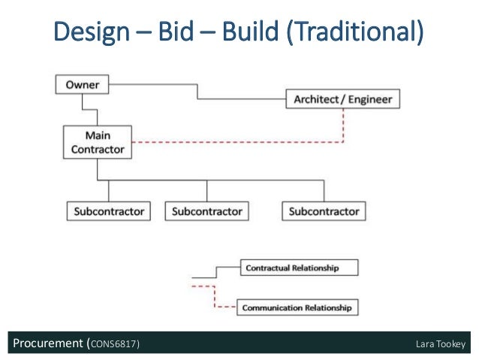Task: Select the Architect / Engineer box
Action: (343, 99)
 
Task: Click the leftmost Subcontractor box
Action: (109, 211)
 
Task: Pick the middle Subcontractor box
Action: (206, 211)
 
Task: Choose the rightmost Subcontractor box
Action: (324, 211)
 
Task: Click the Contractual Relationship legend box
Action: (298, 268)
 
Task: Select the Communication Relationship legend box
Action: (298, 307)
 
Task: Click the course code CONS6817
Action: (113, 345)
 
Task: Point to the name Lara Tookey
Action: (441, 345)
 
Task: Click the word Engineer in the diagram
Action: (366, 99)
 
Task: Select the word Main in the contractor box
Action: (98, 136)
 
